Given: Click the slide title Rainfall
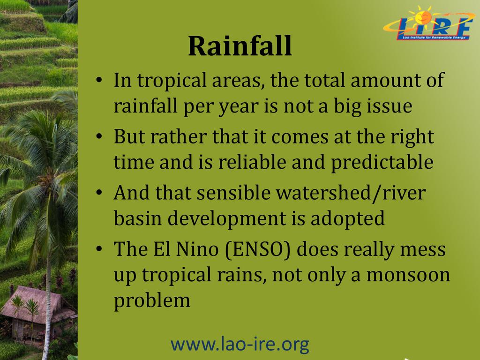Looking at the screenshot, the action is coord(240,46).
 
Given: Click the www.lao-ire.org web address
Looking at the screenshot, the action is coord(240,344).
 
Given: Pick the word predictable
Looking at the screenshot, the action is coord(382,163).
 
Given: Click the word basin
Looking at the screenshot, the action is coord(138,218).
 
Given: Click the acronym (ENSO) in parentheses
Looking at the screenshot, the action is coord(257,249).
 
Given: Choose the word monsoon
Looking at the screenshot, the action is coord(408,275).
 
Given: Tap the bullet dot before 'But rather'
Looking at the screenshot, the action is coord(98,136).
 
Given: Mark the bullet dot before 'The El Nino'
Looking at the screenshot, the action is coord(98,248).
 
